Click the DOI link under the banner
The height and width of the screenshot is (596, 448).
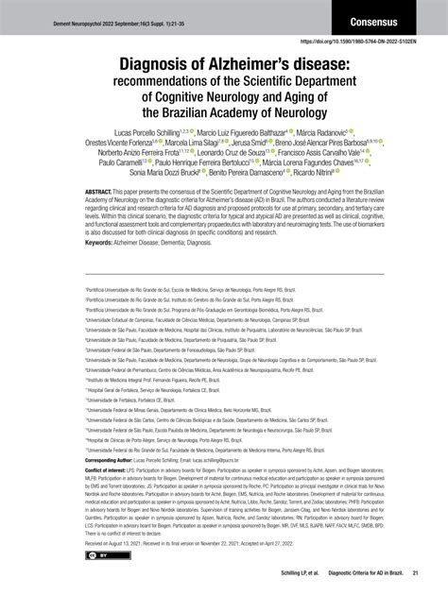click(x=370, y=43)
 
